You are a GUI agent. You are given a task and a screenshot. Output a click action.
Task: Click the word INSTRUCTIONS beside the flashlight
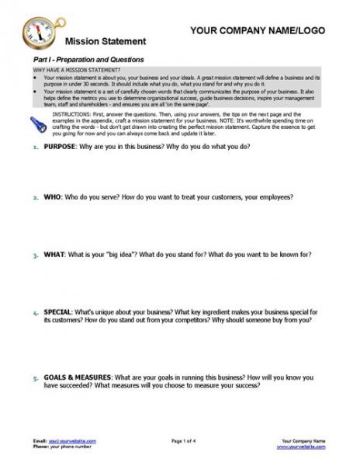[67, 113]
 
